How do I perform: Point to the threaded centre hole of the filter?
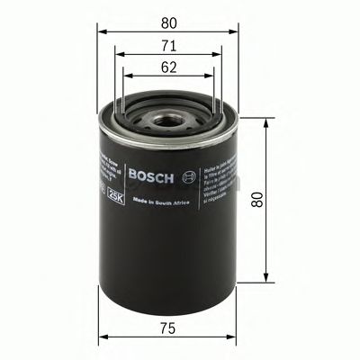coord(167,116)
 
